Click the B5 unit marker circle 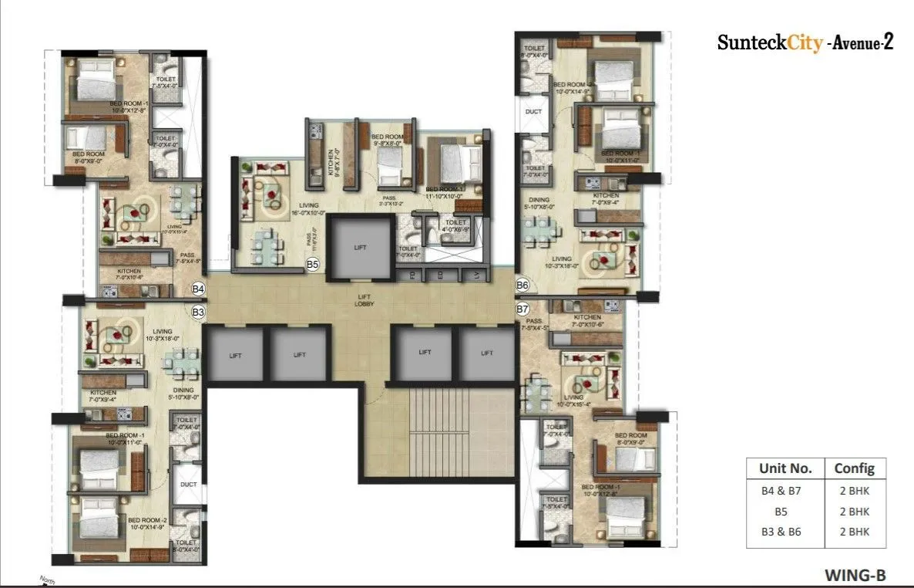click(312, 265)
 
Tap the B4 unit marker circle click(198, 289)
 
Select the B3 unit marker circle click(198, 313)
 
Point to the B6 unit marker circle click(523, 286)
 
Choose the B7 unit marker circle click(523, 309)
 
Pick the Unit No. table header click(785, 468)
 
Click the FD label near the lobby click(413, 275)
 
